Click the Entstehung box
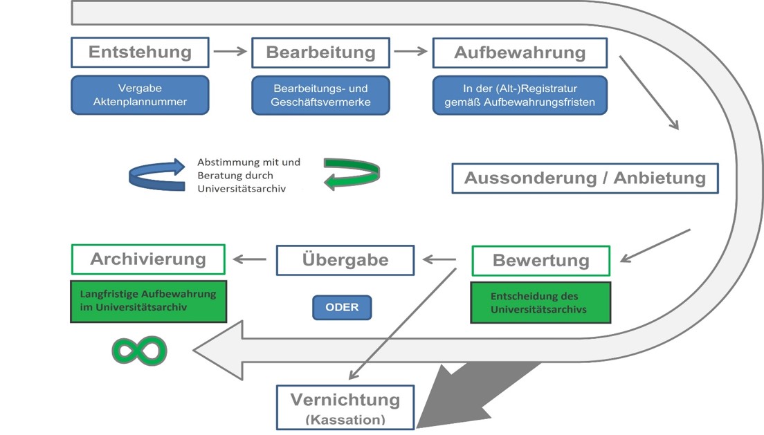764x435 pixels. tap(140, 53)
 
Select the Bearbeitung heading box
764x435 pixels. tap(320, 53)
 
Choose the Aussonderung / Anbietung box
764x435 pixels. tap(585, 178)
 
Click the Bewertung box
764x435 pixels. tap(540, 261)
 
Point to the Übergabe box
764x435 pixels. tap(345, 260)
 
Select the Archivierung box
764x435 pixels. tap(148, 259)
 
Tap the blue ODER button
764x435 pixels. tap(342, 307)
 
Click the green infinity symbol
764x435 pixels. tap(140, 351)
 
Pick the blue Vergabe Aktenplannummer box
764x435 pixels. tap(140, 95)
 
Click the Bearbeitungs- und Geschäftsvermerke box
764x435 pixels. tap(320, 95)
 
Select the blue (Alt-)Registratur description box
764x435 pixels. tap(520, 95)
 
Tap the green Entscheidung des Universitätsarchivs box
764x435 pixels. tap(540, 302)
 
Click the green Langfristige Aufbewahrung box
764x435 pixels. tap(148, 301)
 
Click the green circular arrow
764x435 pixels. tap(352, 174)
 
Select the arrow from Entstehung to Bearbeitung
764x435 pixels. tap(230, 51)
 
